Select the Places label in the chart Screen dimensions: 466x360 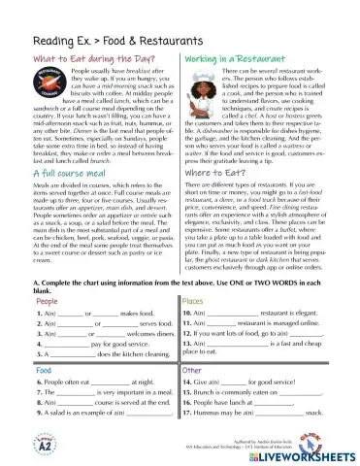(194, 275)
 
